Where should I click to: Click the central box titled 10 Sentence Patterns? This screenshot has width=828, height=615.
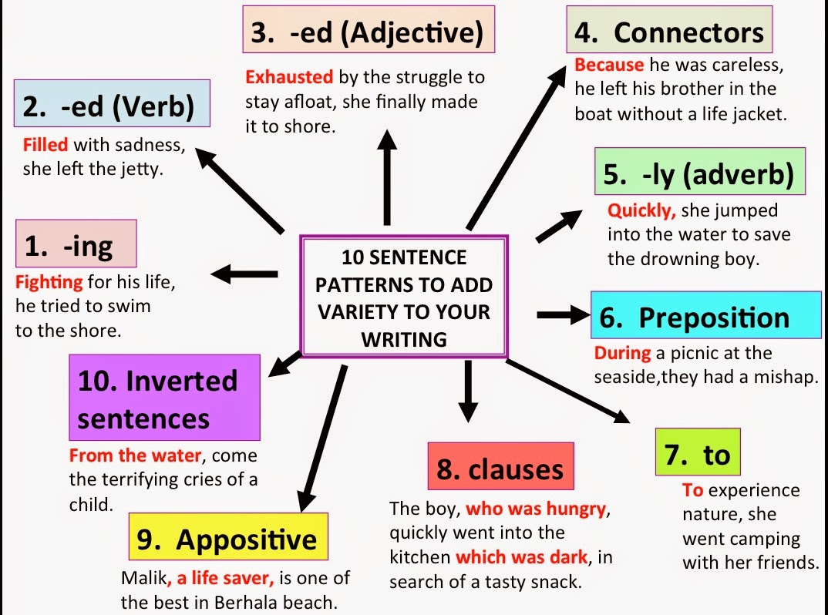[x=404, y=297]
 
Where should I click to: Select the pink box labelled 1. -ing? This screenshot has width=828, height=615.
[x=76, y=244]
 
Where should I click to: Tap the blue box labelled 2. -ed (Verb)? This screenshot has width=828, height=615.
[x=112, y=103]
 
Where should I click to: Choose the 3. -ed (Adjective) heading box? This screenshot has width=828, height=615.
[x=369, y=29]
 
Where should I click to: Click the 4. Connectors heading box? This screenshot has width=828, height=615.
[x=669, y=29]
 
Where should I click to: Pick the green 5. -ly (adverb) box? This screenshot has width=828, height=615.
[x=700, y=172]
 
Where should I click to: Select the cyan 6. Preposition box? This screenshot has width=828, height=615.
[x=706, y=315]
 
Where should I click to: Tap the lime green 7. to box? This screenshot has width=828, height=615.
[x=698, y=452]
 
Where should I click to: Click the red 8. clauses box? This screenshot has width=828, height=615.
[x=500, y=467]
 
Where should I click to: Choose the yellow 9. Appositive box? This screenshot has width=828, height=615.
[x=228, y=537]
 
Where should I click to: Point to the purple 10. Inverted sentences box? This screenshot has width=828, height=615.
[x=164, y=398]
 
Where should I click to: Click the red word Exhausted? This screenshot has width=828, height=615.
[x=289, y=77]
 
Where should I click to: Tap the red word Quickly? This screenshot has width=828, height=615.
[x=641, y=210]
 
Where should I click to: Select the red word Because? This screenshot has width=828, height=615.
[x=609, y=65]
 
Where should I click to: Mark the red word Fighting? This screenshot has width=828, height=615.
[x=49, y=282]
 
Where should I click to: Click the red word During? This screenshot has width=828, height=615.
[x=623, y=353]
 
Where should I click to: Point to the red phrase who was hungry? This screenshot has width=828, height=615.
[x=536, y=509]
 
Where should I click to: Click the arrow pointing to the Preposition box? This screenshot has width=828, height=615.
[x=564, y=314]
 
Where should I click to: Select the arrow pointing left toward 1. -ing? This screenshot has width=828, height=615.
[x=244, y=274]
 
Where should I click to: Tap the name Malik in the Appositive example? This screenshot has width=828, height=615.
[x=143, y=578]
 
